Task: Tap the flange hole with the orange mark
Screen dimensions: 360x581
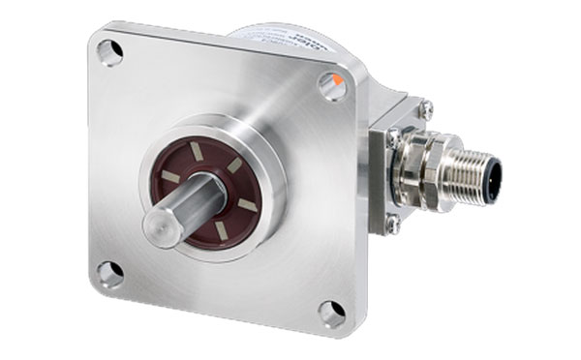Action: click(x=332, y=87)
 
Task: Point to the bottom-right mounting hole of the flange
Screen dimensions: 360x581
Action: click(x=331, y=313)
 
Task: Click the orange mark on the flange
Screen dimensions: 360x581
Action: click(x=335, y=77)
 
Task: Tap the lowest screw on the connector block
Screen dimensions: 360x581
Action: click(x=392, y=225)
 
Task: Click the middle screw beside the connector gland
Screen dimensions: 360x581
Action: click(x=392, y=137)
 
